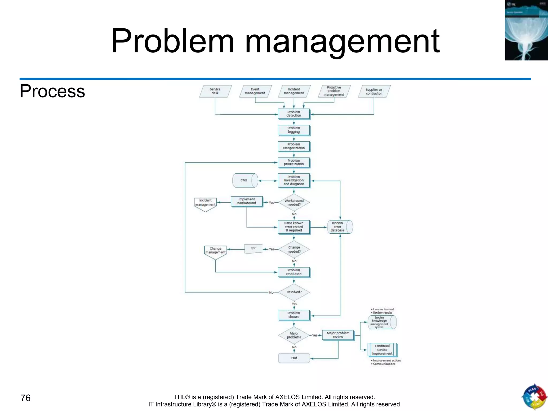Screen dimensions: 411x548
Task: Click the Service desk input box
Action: [x=215, y=91]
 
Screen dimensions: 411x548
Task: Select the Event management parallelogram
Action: [x=255, y=91]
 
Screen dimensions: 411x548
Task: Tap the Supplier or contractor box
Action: [x=374, y=92]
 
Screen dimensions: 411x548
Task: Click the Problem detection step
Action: [x=294, y=114]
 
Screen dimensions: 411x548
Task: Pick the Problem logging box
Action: [x=294, y=130]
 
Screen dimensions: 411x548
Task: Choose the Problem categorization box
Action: [x=294, y=146]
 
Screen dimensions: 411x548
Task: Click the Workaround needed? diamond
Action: [x=294, y=203]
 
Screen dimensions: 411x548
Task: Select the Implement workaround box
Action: [x=246, y=201]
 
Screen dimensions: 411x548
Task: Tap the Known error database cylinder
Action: [x=340, y=227]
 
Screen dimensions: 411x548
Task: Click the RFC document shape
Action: [x=253, y=249]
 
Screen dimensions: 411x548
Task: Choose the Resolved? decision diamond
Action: [x=294, y=292]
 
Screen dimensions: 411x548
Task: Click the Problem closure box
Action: [x=294, y=315]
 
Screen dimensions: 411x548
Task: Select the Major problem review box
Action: [x=338, y=335]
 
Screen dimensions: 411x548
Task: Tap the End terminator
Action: [x=294, y=358]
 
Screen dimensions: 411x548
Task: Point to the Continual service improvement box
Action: [x=382, y=350]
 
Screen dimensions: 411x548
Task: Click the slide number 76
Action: [x=25, y=398]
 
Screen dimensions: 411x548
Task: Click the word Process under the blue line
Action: [x=52, y=91]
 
